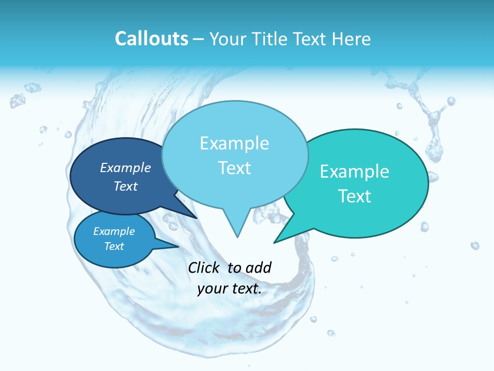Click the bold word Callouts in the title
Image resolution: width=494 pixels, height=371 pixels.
[151, 39]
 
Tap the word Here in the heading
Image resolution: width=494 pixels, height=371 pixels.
[351, 39]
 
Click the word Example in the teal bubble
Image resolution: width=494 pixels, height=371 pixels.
[355, 172]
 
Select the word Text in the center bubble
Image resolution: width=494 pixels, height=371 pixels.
[235, 168]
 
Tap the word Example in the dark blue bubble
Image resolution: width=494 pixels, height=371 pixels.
[126, 167]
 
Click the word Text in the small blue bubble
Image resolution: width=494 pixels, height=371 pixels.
[114, 246]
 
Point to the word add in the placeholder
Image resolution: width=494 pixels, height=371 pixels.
[258, 267]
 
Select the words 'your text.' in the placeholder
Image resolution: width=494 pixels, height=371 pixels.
[230, 289]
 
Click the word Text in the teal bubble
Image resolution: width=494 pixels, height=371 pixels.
[355, 196]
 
